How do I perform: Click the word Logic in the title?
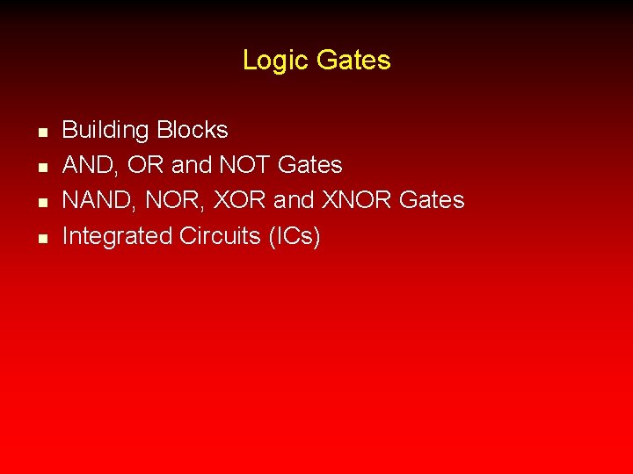click(x=275, y=61)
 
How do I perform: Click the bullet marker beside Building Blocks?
click(x=41, y=133)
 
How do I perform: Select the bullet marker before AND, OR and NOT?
click(x=41, y=168)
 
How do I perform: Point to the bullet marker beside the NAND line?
click(x=41, y=203)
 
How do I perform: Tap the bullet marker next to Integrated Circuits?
click(x=41, y=238)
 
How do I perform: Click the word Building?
click(x=105, y=131)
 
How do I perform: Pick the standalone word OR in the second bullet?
click(x=142, y=165)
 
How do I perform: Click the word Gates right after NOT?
click(x=309, y=165)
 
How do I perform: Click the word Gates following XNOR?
click(x=432, y=200)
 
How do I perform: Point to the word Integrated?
click(x=117, y=236)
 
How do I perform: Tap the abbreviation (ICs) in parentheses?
click(x=295, y=236)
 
